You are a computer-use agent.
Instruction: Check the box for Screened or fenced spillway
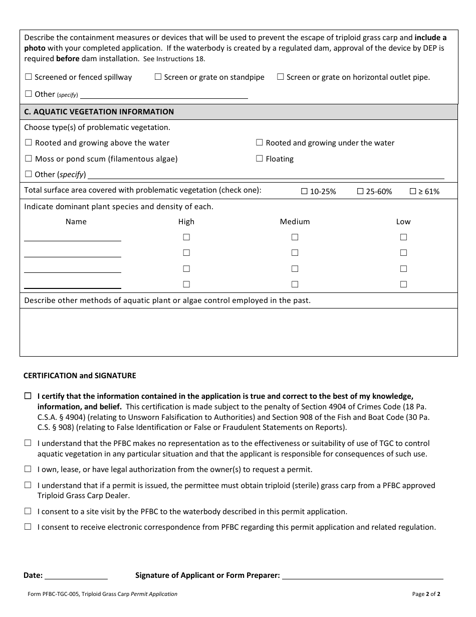tap(28, 77)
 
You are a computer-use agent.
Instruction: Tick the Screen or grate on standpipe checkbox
tap(158, 77)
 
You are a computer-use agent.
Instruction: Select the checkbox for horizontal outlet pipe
tap(281, 77)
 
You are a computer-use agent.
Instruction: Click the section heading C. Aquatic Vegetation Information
tap(99, 112)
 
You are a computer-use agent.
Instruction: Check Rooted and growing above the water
tap(28, 143)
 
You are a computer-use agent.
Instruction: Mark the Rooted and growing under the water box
tap(259, 143)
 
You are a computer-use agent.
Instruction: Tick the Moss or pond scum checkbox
tap(28, 159)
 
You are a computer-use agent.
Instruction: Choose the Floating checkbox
tap(259, 159)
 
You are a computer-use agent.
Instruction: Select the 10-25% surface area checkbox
tap(304, 192)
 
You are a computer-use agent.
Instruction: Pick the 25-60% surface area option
tap(360, 192)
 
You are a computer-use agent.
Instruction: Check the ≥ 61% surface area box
tap(413, 192)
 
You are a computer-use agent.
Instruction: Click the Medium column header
tap(295, 222)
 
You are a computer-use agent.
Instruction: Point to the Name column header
tap(76, 222)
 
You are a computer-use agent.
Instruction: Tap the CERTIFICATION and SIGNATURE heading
tap(80, 376)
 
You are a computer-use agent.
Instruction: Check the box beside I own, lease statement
tap(28, 470)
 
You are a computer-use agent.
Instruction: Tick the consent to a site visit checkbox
tap(28, 512)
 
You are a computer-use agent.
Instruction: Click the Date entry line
tap(76, 575)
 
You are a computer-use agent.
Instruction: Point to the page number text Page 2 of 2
tap(426, 594)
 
